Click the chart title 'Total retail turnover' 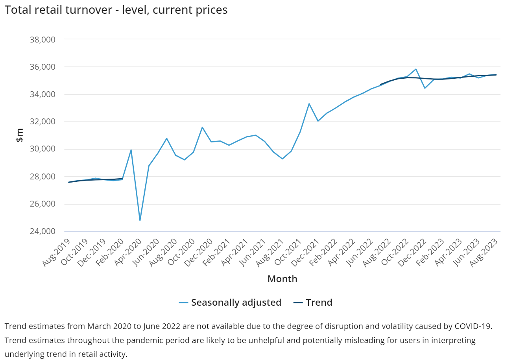(x=116, y=10)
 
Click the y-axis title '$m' (x=20, y=135)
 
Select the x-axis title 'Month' (x=282, y=279)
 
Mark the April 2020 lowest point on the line (x=140, y=220)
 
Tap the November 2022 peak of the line (x=416, y=69)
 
